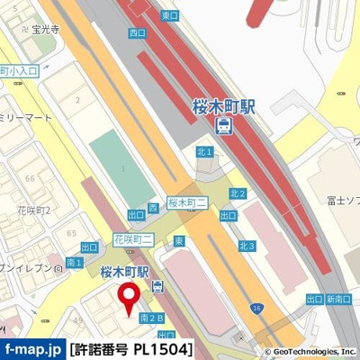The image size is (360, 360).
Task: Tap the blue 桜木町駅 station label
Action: point(224,105)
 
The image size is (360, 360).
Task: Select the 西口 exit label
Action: point(137,32)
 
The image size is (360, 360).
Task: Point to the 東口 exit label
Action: point(169,15)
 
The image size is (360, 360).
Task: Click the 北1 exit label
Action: point(205,153)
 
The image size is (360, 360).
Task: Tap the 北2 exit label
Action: point(238,193)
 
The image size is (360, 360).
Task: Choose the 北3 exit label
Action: point(247,246)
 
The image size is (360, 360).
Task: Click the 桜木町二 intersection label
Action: point(186,202)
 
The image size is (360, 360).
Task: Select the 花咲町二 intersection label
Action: point(133,238)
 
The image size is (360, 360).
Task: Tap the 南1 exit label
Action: point(75,263)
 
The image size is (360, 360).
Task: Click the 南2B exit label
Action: point(152,318)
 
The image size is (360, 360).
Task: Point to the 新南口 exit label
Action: point(337,299)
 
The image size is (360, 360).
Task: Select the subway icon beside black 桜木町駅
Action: point(158,287)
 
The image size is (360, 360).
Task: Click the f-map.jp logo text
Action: point(32,348)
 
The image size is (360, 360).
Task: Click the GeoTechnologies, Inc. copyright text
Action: point(310,352)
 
